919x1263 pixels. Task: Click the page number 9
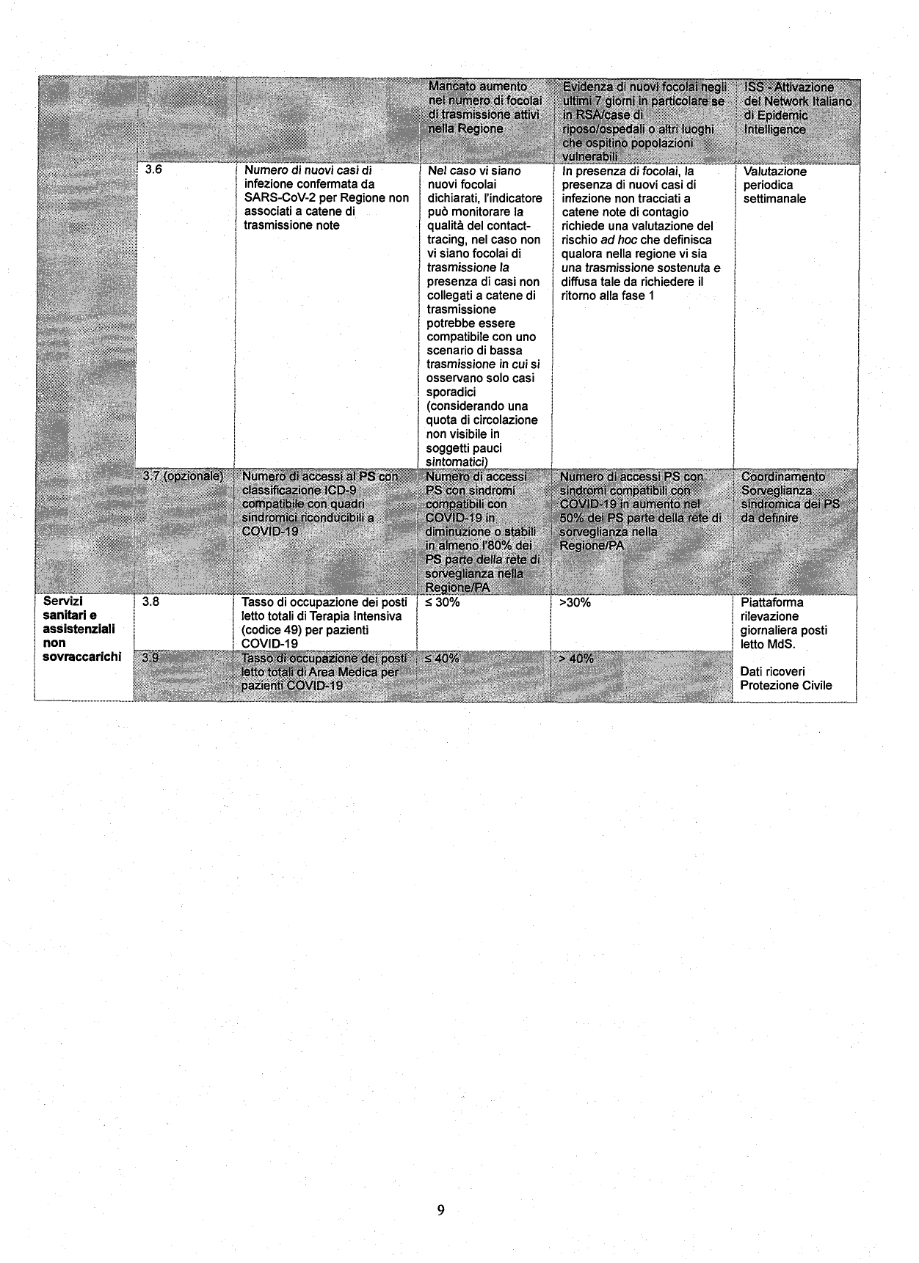[x=440, y=1209]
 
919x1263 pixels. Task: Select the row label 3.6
[x=153, y=170]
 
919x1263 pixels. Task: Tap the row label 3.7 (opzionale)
[x=183, y=476]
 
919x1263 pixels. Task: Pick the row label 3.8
[x=150, y=602]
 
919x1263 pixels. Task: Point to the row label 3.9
[x=150, y=658]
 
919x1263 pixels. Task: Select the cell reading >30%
[x=575, y=602]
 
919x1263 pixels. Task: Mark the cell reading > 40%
[x=576, y=658]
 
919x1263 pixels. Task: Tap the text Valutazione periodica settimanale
[x=775, y=185]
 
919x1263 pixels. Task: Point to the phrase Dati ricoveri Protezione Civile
[x=785, y=678]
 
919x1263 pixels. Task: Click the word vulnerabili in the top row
[x=590, y=157]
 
